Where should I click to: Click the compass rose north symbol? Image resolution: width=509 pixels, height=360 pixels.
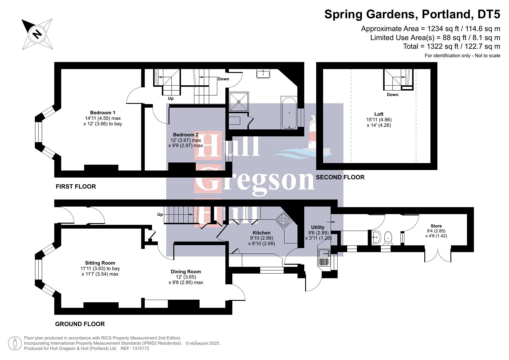point(37,34)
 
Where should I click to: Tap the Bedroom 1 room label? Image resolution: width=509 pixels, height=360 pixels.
point(103,113)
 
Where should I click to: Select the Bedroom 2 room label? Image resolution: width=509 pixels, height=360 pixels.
point(185,135)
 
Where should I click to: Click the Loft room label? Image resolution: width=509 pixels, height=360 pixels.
point(379,114)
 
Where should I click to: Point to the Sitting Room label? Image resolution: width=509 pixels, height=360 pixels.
point(100,263)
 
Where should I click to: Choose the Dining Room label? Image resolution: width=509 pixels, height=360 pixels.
point(186,272)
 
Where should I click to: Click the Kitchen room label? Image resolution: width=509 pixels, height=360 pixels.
point(261,233)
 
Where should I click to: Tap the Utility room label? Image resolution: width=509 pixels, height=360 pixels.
point(317,227)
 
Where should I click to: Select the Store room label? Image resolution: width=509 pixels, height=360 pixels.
point(436,226)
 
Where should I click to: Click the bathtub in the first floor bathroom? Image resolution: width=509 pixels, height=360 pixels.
point(289,113)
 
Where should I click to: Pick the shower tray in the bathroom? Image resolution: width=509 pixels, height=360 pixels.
point(239,102)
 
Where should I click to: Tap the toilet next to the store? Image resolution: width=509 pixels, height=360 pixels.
point(388,238)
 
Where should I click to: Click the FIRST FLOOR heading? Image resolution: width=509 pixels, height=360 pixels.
point(76,187)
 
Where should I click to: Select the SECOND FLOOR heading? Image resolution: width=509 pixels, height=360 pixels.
point(340,177)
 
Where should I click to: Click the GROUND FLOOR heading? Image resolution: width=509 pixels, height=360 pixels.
point(80,324)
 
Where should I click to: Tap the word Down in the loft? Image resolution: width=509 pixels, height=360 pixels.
point(392,95)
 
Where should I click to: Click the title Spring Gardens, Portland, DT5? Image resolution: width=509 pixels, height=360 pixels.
point(412,14)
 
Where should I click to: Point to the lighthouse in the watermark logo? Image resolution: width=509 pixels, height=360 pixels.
point(312,133)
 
